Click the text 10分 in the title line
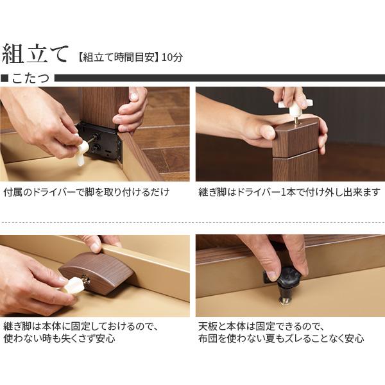click(173, 56)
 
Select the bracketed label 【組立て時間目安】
click(117, 56)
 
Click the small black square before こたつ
click(4, 78)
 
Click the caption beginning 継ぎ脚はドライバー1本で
click(288, 192)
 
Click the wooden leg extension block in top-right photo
click(295, 138)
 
